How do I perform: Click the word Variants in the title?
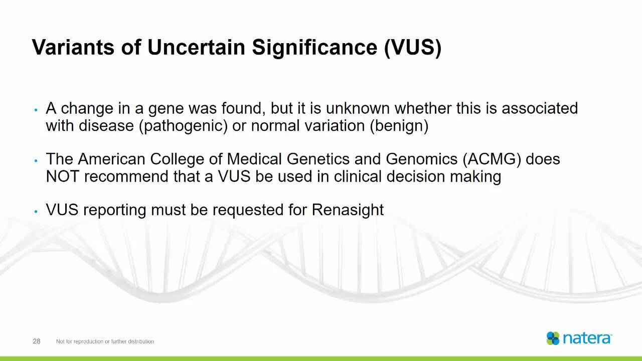(73, 47)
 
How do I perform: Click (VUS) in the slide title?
(413, 47)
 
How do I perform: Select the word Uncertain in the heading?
(197, 47)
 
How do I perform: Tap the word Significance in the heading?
(314, 47)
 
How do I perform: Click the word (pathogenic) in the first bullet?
(184, 126)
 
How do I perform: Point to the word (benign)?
(399, 126)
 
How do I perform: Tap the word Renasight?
(348, 210)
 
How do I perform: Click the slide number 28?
(36, 341)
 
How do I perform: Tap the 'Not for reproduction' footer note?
(105, 341)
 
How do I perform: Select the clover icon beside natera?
(553, 338)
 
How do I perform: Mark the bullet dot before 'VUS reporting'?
(36, 212)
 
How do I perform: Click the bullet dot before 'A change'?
(36, 110)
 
